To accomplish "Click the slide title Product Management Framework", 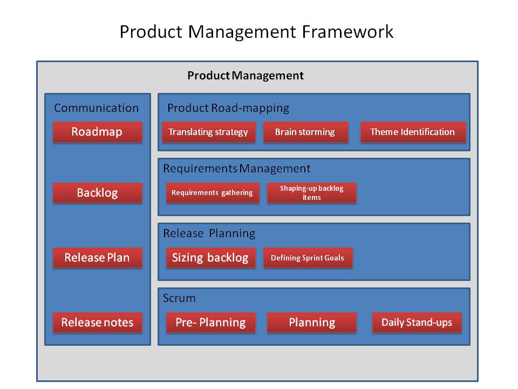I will [x=256, y=31].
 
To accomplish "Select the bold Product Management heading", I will [x=246, y=76].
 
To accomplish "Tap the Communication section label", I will [x=97, y=108].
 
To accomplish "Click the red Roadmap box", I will [x=97, y=132].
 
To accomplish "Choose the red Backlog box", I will [x=97, y=193].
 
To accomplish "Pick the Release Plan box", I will [x=97, y=258].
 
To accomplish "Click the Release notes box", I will [x=97, y=323].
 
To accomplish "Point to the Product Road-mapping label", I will [x=228, y=108].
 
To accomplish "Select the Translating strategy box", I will [x=208, y=132].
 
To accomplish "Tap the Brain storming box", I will [x=305, y=132].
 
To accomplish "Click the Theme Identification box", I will [x=413, y=132].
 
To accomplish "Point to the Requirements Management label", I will [x=237, y=169].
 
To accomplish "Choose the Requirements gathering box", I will [x=212, y=193].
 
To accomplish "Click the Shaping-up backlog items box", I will [x=312, y=193].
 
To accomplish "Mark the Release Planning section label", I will [x=209, y=233].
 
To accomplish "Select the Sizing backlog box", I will [x=210, y=258].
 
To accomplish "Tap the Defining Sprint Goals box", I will [x=308, y=258].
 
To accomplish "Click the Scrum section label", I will [x=179, y=298].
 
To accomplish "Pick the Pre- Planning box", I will [x=210, y=323].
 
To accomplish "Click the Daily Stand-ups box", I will [x=417, y=323].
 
